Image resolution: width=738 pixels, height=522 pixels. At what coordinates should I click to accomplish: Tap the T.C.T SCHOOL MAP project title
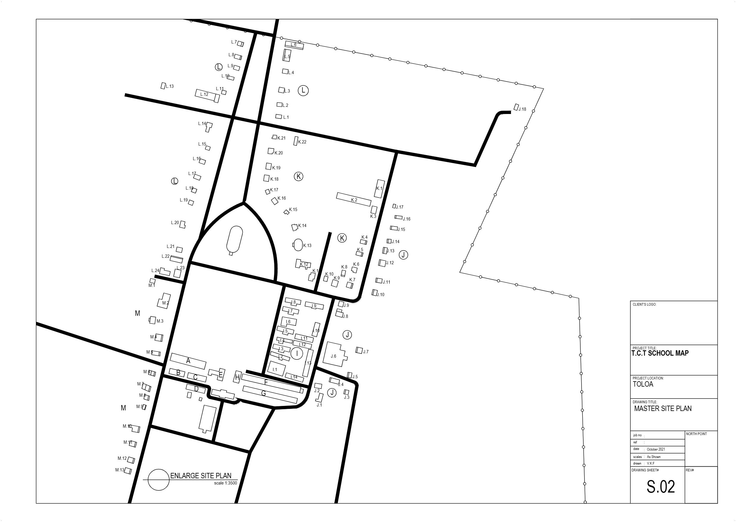[660, 353]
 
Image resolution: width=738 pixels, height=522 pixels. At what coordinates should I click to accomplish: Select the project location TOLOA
[643, 384]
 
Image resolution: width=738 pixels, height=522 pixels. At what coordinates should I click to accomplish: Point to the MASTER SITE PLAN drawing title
[663, 409]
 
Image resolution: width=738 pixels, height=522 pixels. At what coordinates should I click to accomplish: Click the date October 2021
[656, 449]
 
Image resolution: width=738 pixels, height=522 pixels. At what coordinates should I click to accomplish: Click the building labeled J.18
[516, 107]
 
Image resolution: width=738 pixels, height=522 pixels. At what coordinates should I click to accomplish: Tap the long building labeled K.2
[354, 199]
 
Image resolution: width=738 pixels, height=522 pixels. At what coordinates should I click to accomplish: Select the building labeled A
[188, 361]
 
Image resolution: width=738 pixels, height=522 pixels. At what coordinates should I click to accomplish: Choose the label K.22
[302, 142]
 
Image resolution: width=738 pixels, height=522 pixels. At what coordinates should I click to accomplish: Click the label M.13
[120, 470]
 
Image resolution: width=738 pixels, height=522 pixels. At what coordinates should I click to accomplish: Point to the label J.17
[399, 207]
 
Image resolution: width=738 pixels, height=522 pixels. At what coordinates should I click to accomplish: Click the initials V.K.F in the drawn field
[651, 463]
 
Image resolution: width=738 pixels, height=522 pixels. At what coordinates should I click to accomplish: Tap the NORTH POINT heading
[697, 434]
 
